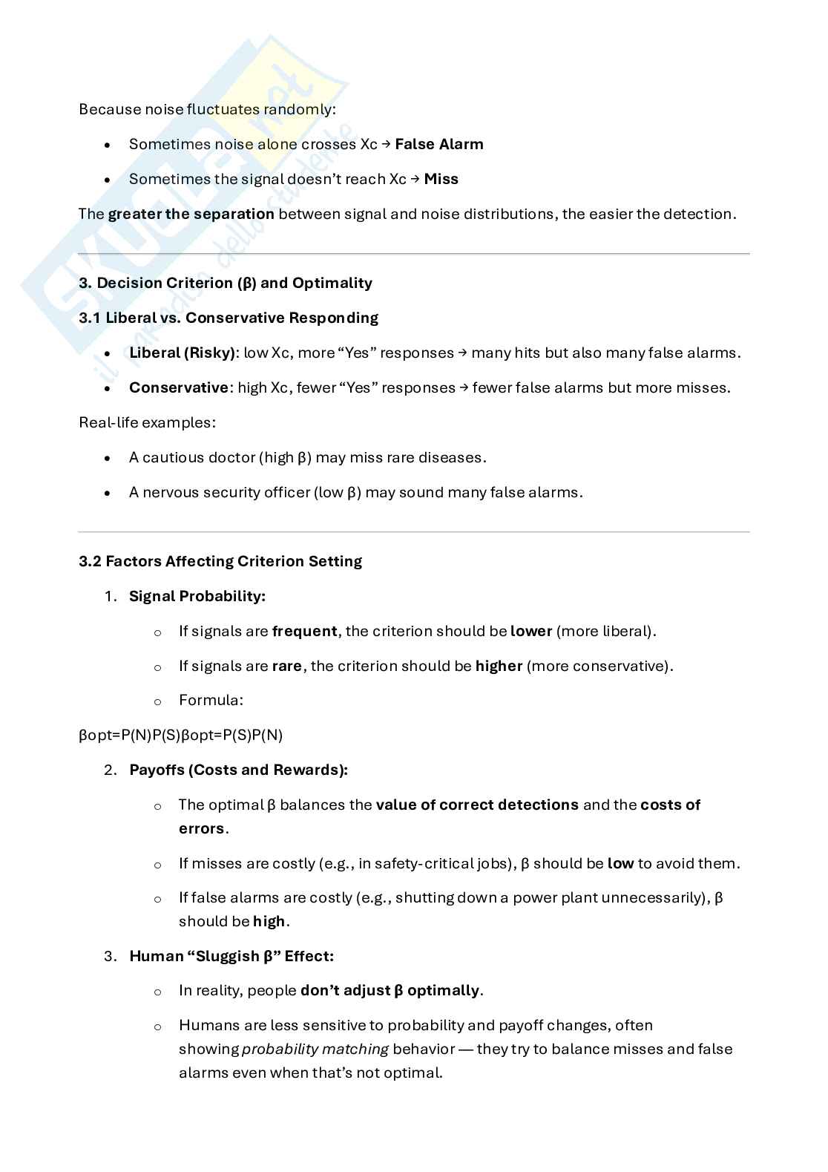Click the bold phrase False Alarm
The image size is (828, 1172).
click(438, 144)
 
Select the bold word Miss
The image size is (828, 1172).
click(441, 179)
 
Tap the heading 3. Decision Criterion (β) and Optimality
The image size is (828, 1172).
click(226, 283)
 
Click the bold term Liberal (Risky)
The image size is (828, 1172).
click(182, 353)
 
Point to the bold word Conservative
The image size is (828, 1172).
click(178, 387)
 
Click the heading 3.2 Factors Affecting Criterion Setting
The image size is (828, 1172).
click(220, 561)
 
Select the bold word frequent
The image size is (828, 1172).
click(304, 631)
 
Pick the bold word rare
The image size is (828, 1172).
click(286, 666)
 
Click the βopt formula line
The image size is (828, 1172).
click(180, 735)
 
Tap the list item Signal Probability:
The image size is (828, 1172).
click(197, 596)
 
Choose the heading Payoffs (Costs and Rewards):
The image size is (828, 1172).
click(238, 770)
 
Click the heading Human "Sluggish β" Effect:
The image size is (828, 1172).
click(231, 956)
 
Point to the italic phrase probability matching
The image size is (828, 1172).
click(315, 1049)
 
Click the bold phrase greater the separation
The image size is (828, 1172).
click(191, 214)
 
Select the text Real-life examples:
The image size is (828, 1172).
click(147, 422)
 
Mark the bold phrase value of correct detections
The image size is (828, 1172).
click(477, 805)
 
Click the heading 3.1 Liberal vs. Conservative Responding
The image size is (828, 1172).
click(229, 318)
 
